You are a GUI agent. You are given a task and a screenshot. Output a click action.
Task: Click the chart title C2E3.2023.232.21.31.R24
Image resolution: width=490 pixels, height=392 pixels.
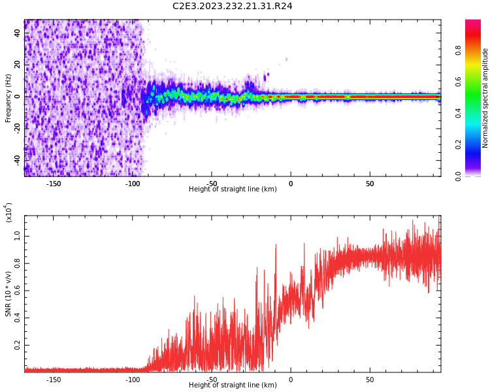tap(232, 7)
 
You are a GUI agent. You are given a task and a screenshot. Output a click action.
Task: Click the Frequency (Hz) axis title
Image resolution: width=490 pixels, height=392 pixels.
tap(8, 98)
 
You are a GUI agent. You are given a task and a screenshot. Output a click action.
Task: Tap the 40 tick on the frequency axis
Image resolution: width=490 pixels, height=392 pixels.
tap(18, 33)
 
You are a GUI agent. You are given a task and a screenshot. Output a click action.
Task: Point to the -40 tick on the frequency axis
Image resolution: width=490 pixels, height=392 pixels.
tap(16, 159)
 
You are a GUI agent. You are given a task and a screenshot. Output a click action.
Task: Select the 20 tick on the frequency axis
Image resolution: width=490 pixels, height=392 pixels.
tap(18, 65)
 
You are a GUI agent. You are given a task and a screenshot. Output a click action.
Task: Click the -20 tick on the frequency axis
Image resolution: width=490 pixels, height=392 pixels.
tap(16, 127)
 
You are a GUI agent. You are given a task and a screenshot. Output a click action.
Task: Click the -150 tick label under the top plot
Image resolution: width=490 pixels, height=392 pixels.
tap(54, 184)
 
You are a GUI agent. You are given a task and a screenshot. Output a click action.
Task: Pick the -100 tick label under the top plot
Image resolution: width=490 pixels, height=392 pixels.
tap(133, 184)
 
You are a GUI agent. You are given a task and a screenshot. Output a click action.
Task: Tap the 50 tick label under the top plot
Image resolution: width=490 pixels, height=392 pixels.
tap(370, 184)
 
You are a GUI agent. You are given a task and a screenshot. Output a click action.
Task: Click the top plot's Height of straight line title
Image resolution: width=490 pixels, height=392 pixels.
tap(233, 189)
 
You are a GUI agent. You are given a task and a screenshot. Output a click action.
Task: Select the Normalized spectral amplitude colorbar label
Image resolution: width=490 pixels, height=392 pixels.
tap(485, 98)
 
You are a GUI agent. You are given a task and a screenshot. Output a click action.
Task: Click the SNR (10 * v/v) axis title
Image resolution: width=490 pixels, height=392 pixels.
tap(8, 292)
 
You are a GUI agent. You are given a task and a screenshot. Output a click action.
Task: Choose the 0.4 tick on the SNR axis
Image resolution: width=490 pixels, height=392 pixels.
tap(16, 318)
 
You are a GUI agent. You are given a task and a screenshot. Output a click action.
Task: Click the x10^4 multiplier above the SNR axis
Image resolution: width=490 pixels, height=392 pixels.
tap(8, 212)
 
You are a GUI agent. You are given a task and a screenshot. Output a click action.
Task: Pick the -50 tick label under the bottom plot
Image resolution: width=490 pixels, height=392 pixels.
tap(212, 380)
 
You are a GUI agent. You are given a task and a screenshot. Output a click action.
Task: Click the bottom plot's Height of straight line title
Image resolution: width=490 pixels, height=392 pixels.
tap(233, 385)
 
